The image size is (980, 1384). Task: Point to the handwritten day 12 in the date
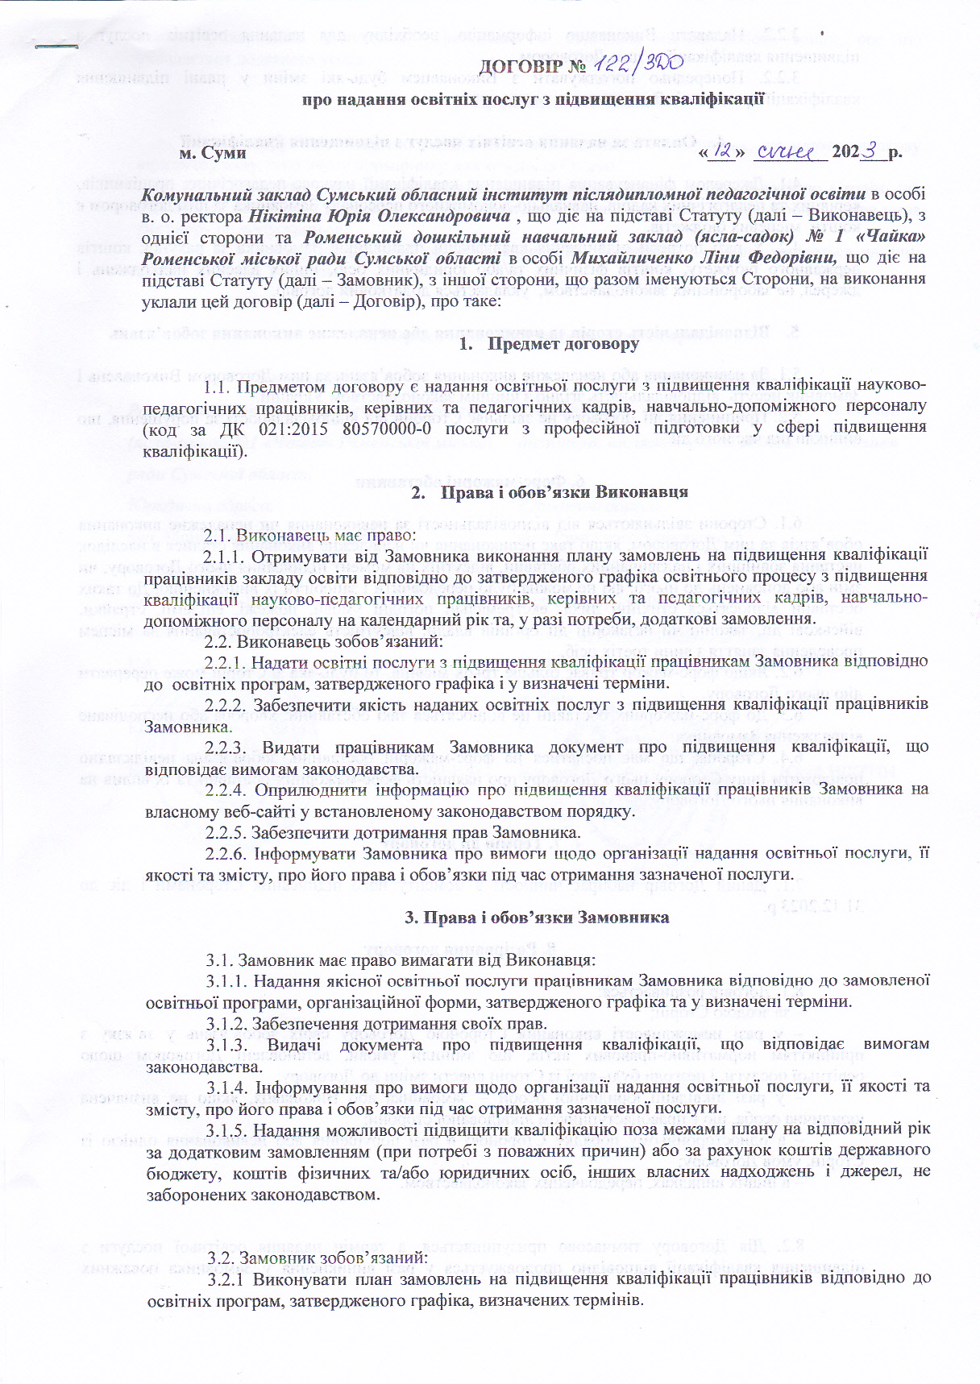(x=723, y=151)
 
